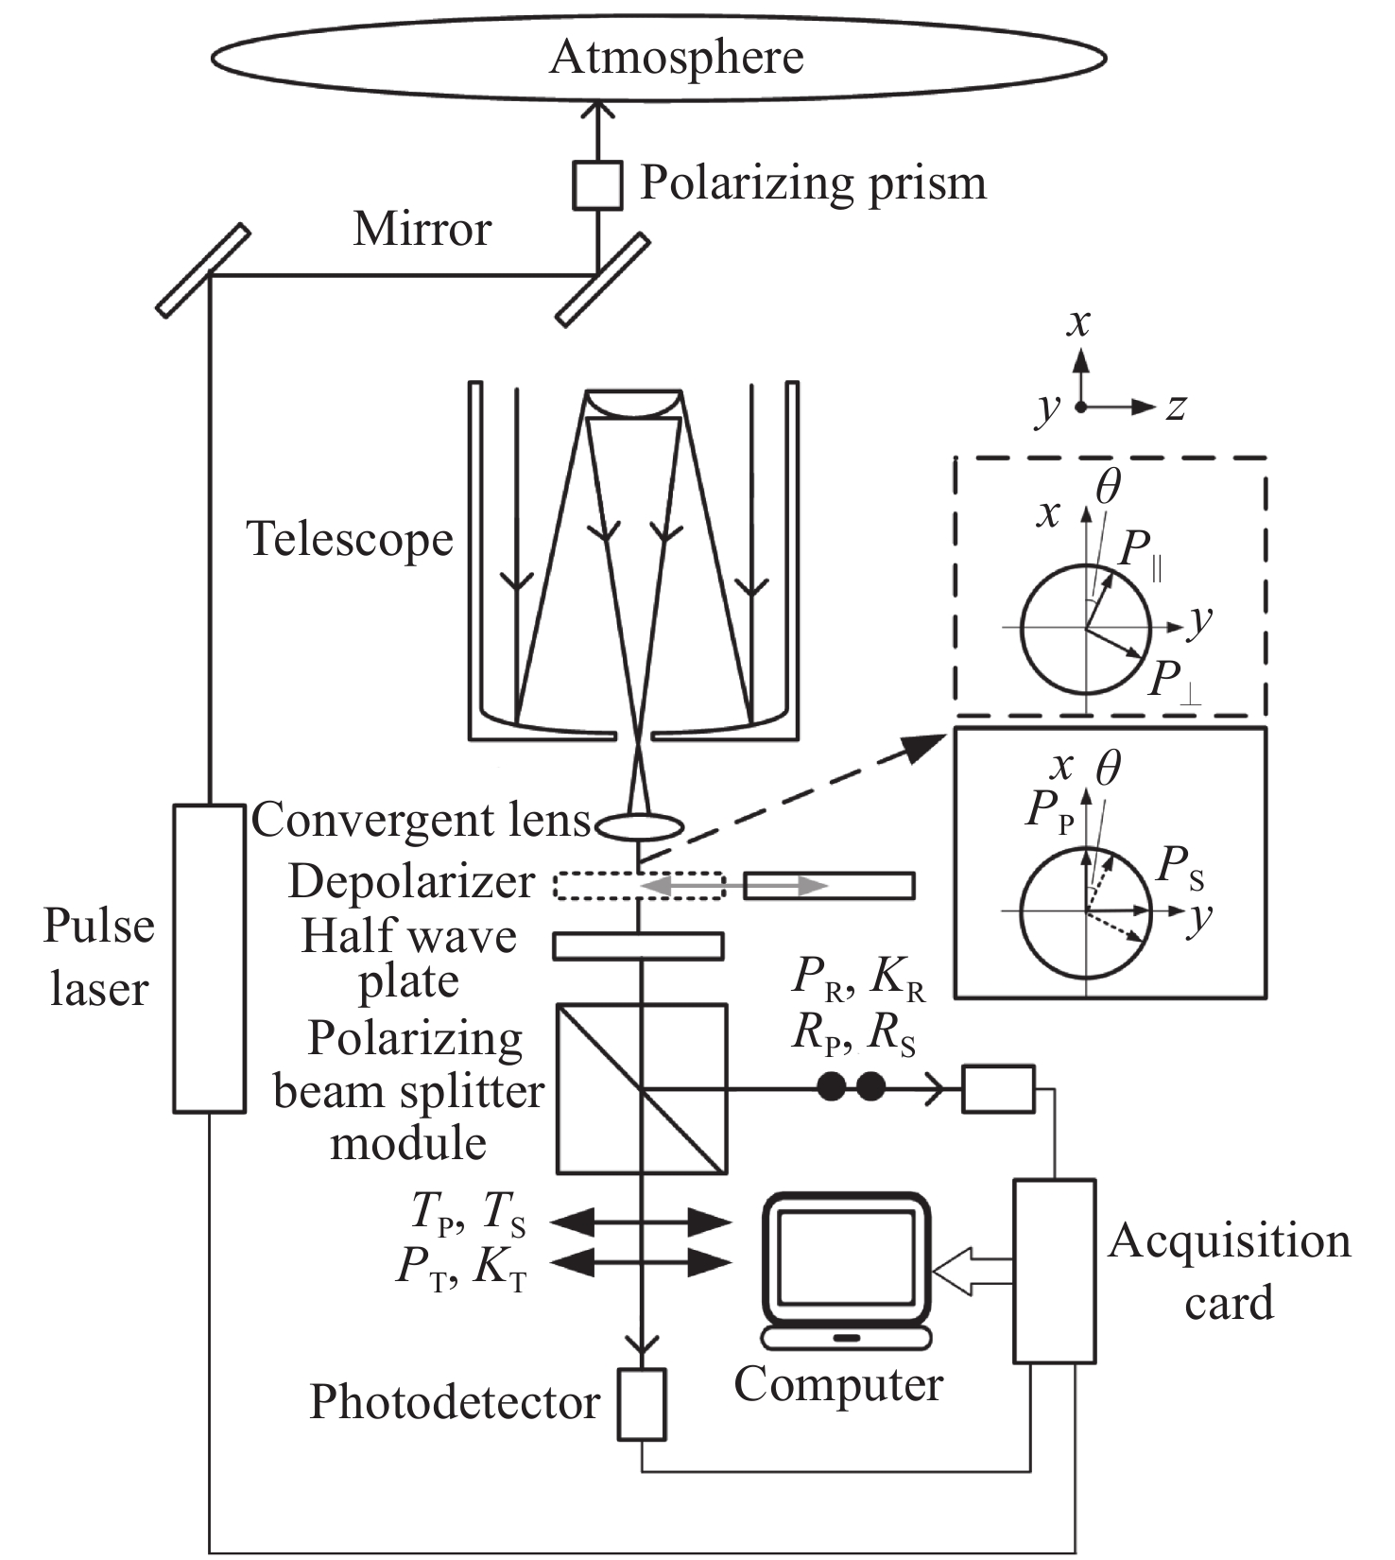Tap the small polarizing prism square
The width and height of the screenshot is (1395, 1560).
pos(597,185)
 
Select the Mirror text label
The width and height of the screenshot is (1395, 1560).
pos(422,229)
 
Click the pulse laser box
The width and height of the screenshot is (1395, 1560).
pos(209,958)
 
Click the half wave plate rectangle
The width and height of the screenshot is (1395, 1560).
pos(638,945)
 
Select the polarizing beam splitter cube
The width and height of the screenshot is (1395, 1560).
pos(642,1089)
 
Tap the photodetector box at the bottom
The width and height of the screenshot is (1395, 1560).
pos(642,1404)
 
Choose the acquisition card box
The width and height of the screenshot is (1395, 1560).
pos(1054,1271)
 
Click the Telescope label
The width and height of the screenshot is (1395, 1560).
pos(350,540)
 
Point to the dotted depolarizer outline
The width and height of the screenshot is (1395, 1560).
pos(639,886)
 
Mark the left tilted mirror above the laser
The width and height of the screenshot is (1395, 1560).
pos(203,270)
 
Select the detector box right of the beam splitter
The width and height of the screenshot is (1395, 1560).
pos(998,1089)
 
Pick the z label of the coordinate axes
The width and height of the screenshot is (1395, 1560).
pos(1176,407)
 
